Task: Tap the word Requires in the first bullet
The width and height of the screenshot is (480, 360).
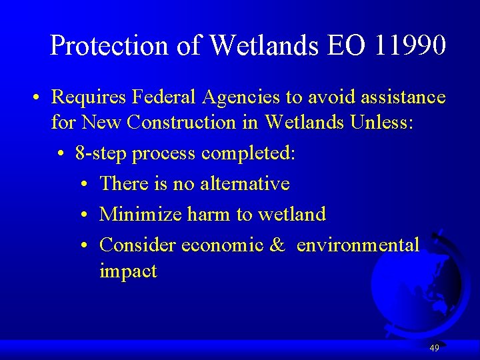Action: coord(89,98)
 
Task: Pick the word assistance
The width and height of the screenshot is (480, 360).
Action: coord(403,97)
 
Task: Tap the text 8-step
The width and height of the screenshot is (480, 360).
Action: coord(102,154)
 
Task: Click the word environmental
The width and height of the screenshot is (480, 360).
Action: coord(358,245)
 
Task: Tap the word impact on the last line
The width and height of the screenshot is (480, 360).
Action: coord(128,271)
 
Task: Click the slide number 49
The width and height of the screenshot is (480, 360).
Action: coord(435,348)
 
